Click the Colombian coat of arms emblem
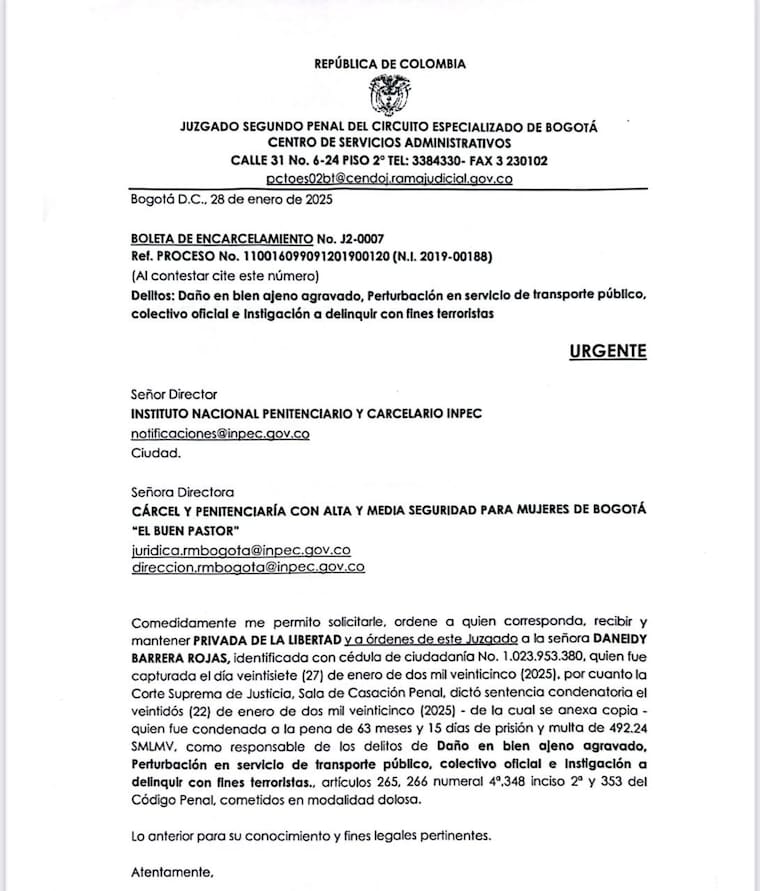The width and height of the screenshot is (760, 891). [x=388, y=96]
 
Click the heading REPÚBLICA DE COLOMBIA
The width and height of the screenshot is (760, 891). [x=389, y=64]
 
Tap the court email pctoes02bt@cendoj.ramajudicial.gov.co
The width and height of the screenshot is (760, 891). [x=389, y=179]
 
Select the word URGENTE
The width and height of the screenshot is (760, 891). [x=608, y=351]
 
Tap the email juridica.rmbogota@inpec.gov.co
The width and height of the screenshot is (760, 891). [x=240, y=549]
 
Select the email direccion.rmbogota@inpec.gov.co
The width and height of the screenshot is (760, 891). [x=247, y=567]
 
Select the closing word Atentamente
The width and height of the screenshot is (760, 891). [x=172, y=873]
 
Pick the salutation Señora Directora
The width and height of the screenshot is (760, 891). [x=182, y=491]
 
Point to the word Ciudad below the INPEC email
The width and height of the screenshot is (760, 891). [x=155, y=452]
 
